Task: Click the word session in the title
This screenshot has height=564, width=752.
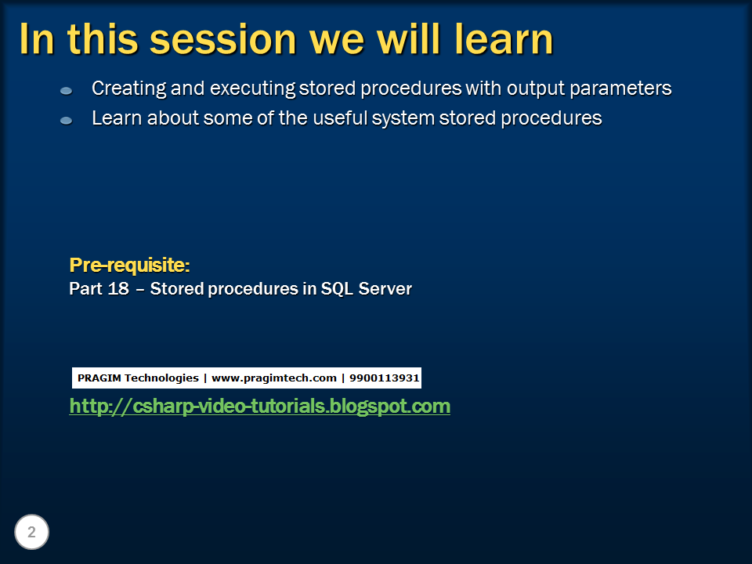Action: pos(223,39)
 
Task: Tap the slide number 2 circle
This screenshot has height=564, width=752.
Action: pos(31,532)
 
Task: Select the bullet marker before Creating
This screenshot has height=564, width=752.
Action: pos(66,91)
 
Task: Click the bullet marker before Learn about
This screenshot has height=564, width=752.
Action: pos(66,121)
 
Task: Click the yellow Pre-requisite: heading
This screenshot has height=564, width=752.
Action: pos(130,265)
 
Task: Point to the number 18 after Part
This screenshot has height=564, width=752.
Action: pos(118,289)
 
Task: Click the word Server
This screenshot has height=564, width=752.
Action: pos(385,289)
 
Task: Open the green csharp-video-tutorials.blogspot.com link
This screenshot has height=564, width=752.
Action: pos(260,407)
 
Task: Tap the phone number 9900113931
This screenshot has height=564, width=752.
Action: pos(385,378)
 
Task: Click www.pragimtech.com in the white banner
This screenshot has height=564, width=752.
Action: pos(274,378)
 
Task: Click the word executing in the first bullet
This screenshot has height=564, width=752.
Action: pos(253,89)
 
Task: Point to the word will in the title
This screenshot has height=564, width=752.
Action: pos(409,39)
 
